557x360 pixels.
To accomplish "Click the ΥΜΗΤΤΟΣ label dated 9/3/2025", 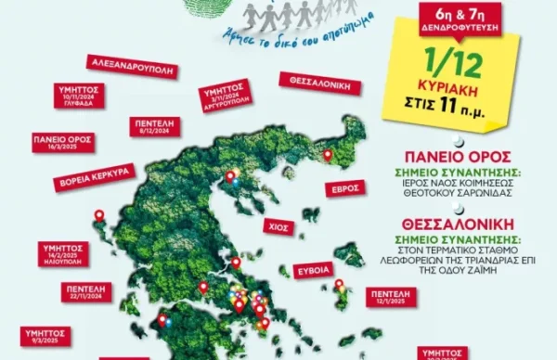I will (x=42, y=335).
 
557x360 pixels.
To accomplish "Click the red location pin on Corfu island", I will (x=98, y=216).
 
